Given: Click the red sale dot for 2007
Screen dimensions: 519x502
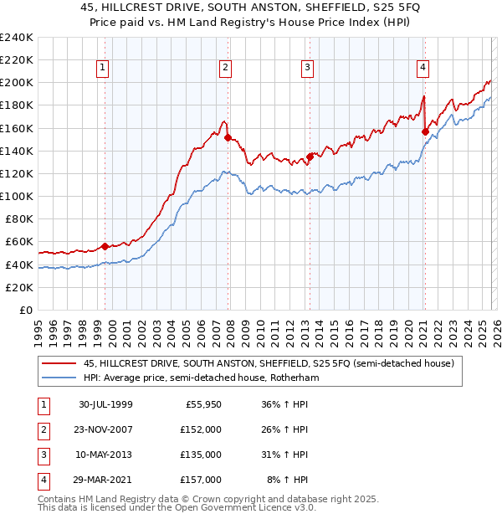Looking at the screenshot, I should [x=228, y=137].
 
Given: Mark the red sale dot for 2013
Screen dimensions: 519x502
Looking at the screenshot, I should [x=309, y=156].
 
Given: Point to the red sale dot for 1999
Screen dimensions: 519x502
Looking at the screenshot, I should [x=105, y=246].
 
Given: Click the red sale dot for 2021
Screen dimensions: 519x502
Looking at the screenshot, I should [x=425, y=131].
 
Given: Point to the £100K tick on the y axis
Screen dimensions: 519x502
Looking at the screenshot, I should [x=17, y=196].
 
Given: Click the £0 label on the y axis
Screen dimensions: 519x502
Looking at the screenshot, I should [x=27, y=310].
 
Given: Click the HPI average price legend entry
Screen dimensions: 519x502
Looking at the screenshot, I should [x=202, y=378].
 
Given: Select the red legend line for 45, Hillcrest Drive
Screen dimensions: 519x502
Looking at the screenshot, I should [x=59, y=364].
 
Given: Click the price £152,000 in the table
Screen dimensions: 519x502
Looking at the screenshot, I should [x=201, y=429].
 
